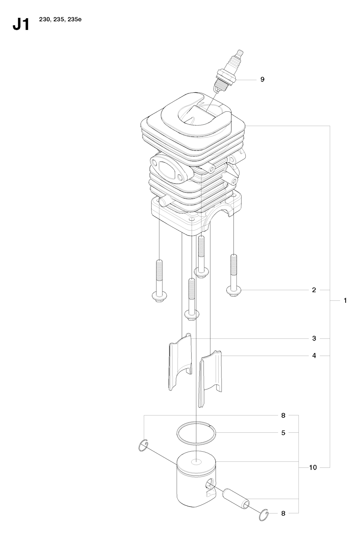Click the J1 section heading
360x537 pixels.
tap(21, 25)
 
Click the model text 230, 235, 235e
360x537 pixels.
tap(60, 19)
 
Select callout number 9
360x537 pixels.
tap(262, 79)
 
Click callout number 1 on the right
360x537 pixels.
tap(345, 300)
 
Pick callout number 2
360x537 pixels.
tap(314, 290)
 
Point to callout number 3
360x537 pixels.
tap(314, 338)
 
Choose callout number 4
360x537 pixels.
tap(314, 356)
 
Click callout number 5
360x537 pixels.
tap(283, 433)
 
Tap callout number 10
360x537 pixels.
tap(313, 467)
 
